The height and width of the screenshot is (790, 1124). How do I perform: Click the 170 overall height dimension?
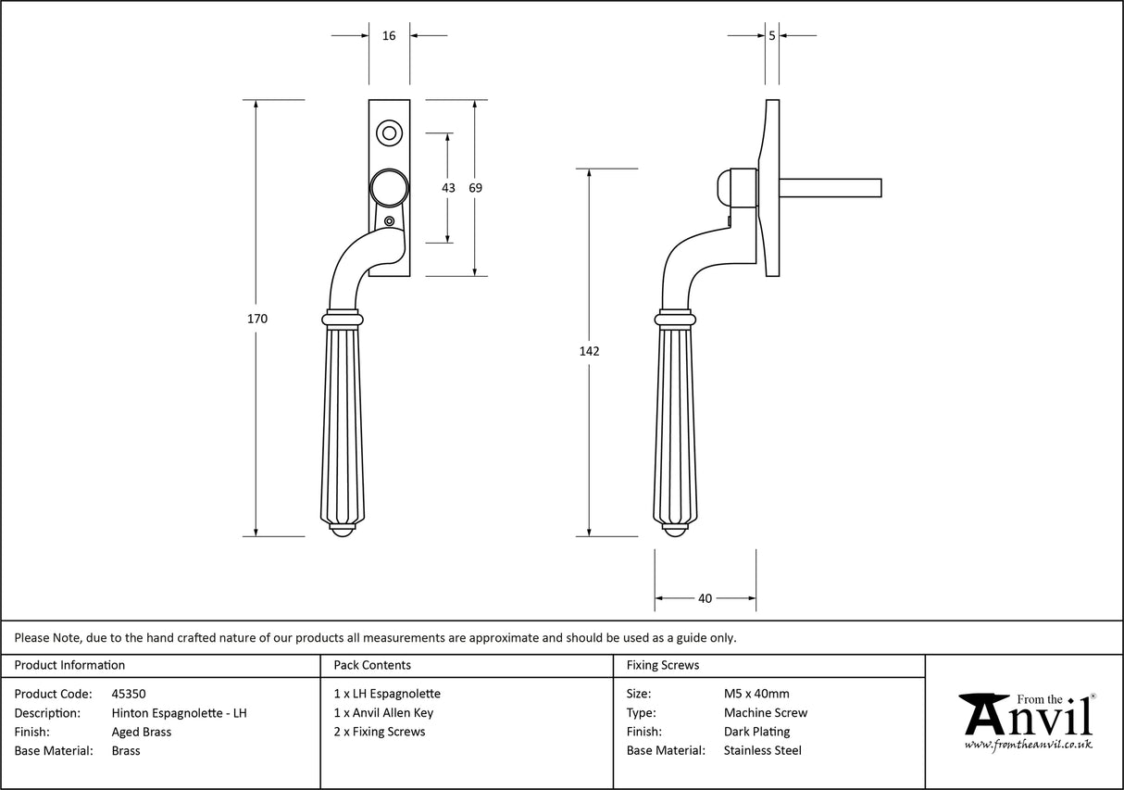pyautogui.click(x=257, y=319)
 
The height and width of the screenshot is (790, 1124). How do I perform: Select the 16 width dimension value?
pyautogui.click(x=389, y=36)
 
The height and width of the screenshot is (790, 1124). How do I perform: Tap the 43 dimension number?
pyautogui.click(x=448, y=188)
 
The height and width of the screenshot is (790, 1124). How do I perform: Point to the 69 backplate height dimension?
pyautogui.click(x=475, y=188)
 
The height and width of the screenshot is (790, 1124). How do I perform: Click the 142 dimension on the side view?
pyautogui.click(x=589, y=351)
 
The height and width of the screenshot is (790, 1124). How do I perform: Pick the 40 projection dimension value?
pyautogui.click(x=705, y=598)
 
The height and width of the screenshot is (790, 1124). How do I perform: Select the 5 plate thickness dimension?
pyautogui.click(x=772, y=36)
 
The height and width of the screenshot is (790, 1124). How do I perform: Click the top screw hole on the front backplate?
pyautogui.click(x=389, y=133)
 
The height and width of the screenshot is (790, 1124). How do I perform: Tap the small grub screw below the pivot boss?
pyautogui.click(x=389, y=220)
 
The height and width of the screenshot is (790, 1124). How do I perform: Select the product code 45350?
pyautogui.click(x=129, y=694)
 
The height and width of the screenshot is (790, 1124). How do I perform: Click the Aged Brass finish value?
pyautogui.click(x=141, y=732)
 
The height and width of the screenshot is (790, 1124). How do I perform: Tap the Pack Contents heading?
pyautogui.click(x=371, y=665)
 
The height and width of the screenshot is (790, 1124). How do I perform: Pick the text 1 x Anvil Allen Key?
pyautogui.click(x=383, y=713)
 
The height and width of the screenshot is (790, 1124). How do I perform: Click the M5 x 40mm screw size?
pyautogui.click(x=756, y=694)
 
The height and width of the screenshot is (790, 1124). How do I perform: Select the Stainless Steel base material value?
pyautogui.click(x=762, y=751)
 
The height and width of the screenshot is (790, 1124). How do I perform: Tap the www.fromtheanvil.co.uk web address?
pyautogui.click(x=1028, y=745)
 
